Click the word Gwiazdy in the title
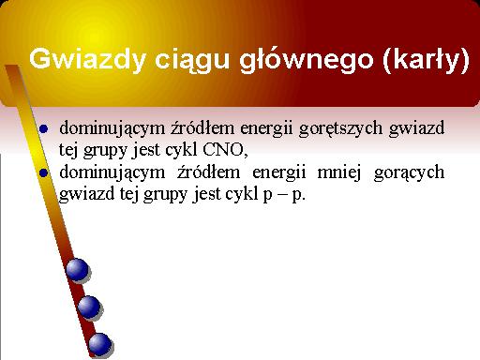[87, 59]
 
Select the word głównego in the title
[307, 60]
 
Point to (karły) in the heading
[427, 60]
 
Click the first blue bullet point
[44, 128]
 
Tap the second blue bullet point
[44, 172]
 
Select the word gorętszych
[340, 128]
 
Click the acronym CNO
[223, 150]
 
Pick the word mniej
[338, 172]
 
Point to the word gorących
[409, 172]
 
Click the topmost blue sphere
[77, 269]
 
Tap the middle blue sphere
[89, 307]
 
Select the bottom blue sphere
[100, 344]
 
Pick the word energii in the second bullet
[278, 172]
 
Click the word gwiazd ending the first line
[416, 128]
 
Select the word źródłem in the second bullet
[208, 172]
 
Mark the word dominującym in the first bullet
[112, 128]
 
